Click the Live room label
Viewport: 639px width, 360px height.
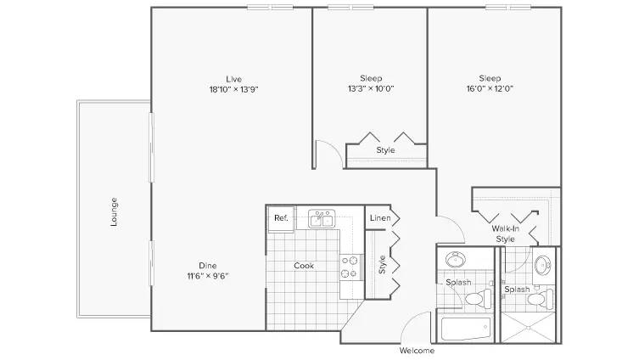point(234,79)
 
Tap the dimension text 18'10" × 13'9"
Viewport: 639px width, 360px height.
point(234,89)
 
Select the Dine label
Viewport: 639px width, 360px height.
point(208,266)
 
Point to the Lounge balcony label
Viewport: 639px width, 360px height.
point(114,211)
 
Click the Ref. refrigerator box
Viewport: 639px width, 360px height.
point(281,218)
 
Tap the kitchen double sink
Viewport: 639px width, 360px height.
point(322,219)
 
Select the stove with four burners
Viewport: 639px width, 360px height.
point(351,267)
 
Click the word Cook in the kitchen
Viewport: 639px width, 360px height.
point(304,266)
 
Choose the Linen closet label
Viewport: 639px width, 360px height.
point(380,218)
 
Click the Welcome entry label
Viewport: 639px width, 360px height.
point(417,350)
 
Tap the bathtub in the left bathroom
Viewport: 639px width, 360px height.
point(466,329)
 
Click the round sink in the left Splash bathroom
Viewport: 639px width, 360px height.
point(456,259)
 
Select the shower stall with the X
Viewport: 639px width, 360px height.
point(528,328)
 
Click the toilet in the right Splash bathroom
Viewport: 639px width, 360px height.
point(541,299)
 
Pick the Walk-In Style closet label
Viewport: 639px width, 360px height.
point(505,234)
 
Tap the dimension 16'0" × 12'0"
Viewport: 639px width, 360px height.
point(490,88)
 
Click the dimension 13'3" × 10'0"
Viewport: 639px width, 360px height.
point(371,88)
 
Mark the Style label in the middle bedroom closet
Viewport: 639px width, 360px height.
point(385,150)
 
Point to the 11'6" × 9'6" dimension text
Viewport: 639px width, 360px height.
point(208,276)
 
